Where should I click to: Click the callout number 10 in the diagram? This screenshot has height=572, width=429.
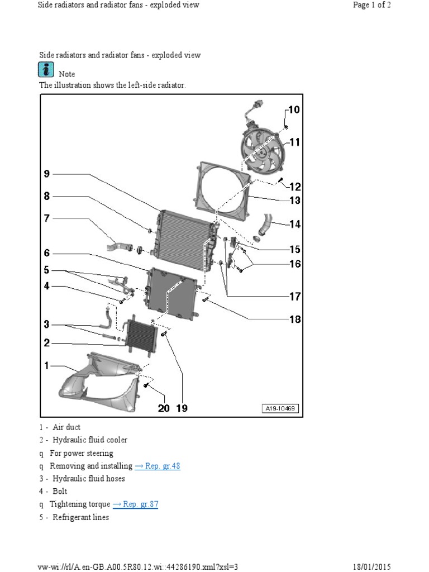click(293, 109)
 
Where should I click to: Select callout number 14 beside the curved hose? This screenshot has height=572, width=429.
click(294, 225)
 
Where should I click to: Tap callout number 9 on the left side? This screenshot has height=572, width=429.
click(47, 174)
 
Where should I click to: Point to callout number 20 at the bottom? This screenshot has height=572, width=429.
click(163, 408)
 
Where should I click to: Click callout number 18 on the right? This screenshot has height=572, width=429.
click(294, 320)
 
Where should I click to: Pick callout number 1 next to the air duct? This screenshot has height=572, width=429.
click(47, 366)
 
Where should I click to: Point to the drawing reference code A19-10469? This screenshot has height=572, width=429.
click(280, 409)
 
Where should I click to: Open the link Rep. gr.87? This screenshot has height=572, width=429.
click(136, 504)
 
